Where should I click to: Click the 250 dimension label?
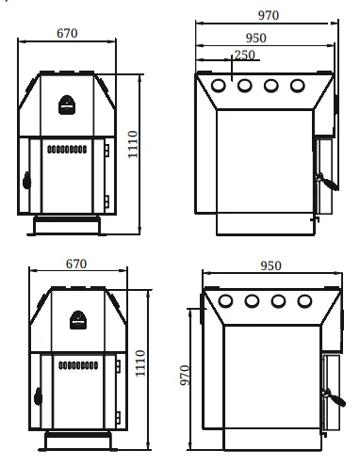click(x=245, y=55)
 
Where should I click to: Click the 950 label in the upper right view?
click(x=256, y=38)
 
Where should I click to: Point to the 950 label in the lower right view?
click(x=270, y=266)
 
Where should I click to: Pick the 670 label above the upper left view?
click(x=67, y=33)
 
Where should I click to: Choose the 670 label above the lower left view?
click(x=76, y=264)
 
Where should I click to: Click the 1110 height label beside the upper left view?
click(x=133, y=144)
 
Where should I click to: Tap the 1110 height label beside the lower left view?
click(x=140, y=363)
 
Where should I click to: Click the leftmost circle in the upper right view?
click(x=219, y=86)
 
